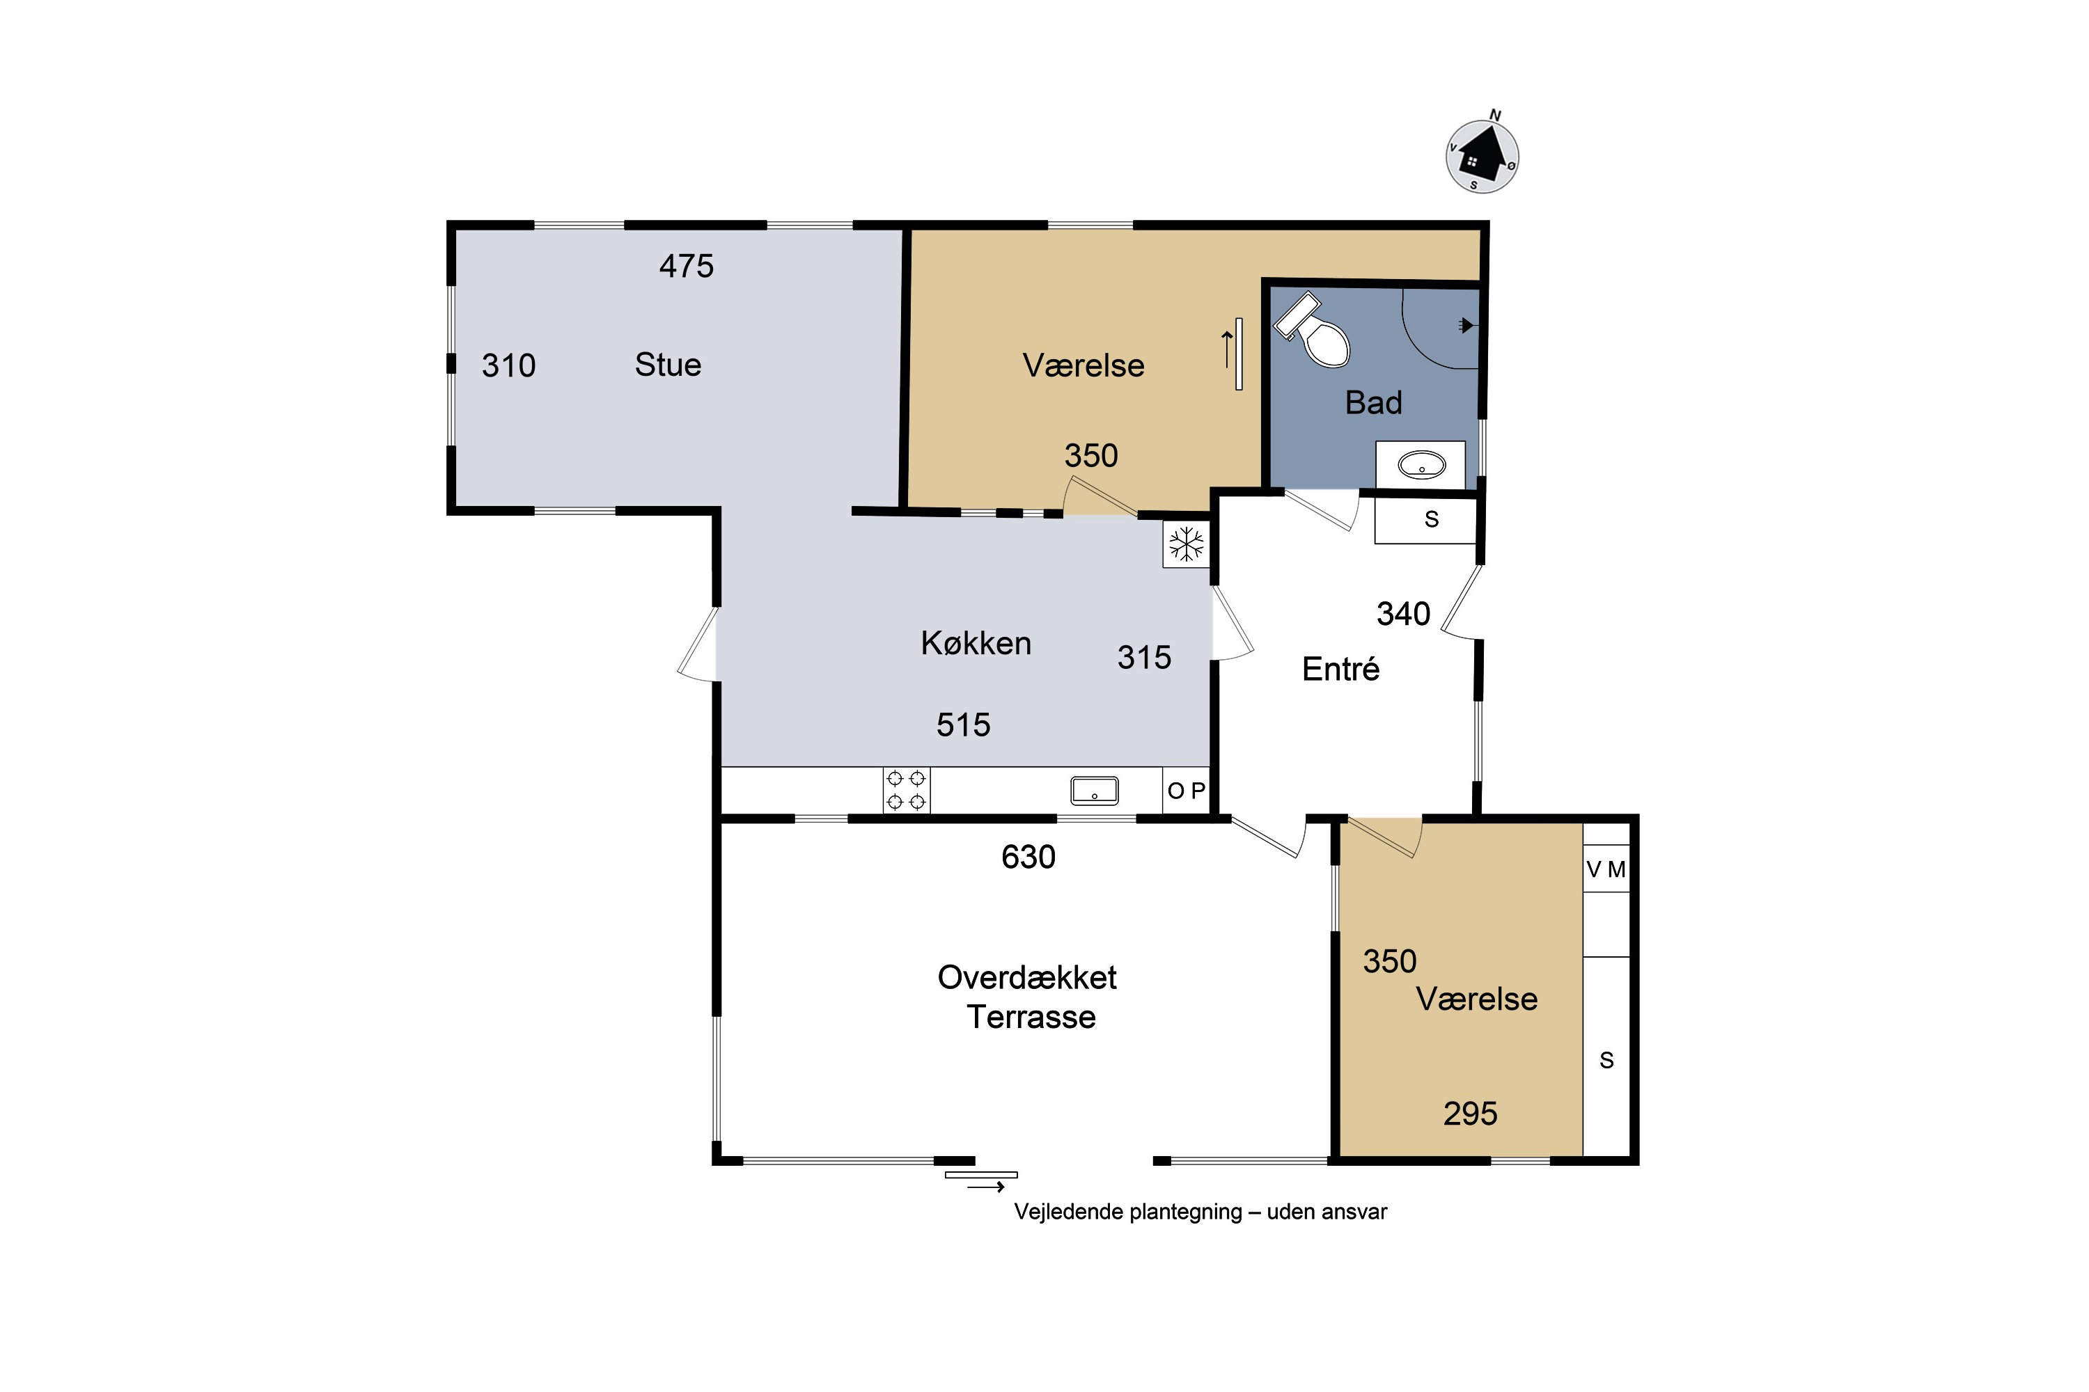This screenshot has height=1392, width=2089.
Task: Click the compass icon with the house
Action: coord(1482,156)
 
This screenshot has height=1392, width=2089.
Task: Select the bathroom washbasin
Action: coord(1421,464)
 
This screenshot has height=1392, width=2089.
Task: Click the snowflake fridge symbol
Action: coord(1186,544)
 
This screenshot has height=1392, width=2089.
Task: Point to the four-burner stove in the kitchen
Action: coord(906,790)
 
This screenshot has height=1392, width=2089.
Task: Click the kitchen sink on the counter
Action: coord(1094,790)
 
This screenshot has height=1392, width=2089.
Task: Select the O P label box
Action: coord(1187,790)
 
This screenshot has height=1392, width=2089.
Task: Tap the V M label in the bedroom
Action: coord(1606,870)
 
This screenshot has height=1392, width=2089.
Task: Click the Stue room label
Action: coord(668,365)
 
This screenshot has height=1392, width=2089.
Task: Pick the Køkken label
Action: coord(976,642)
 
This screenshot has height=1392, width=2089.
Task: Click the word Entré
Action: coord(1340,668)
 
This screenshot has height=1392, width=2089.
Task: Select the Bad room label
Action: coord(1373,403)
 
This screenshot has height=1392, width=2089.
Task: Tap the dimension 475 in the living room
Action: coord(687,267)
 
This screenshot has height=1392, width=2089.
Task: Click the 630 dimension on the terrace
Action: coord(1028,857)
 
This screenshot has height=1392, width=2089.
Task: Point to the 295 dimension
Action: coord(1470,1113)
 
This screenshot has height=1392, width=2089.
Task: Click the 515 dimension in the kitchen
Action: coord(964,725)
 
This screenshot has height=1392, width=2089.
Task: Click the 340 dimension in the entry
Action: coord(1403,613)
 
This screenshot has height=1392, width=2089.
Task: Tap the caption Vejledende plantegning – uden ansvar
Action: coord(1200,1212)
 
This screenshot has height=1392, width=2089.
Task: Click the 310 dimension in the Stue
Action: coord(509,366)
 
